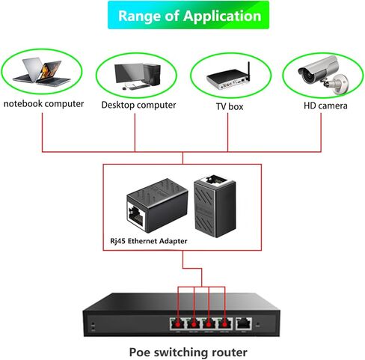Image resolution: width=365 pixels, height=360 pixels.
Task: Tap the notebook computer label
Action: [43, 104]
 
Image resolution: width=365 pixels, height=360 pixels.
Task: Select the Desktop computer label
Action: [138, 106]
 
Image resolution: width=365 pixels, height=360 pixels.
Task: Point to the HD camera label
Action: [325, 106]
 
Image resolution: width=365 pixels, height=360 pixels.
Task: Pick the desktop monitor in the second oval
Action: [127, 73]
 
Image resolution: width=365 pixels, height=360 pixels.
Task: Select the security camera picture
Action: [320, 75]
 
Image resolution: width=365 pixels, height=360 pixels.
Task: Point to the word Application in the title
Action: [223, 15]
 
